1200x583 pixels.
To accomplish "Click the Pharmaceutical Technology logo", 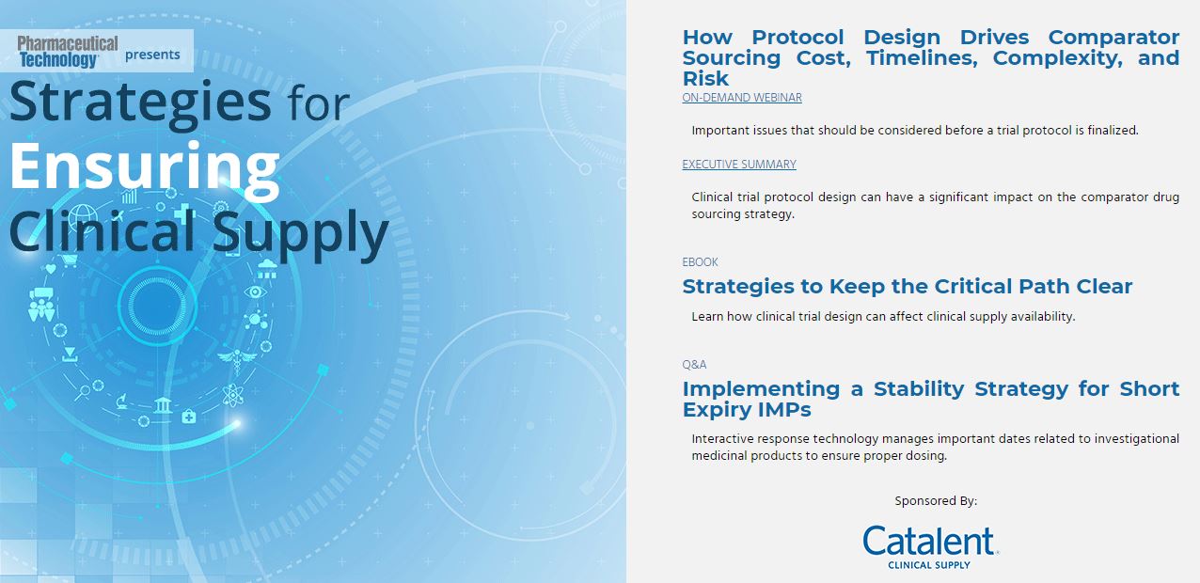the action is pos(68,52).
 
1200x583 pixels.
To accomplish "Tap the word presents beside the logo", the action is pos(152,55).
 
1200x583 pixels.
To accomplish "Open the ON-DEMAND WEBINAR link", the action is pos(742,98).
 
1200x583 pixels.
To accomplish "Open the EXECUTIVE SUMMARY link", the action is pos(739,164).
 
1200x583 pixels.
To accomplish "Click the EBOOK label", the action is pos(700,262).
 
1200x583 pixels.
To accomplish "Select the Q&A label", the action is pos(694,365).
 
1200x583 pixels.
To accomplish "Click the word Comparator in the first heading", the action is pos(1113,38).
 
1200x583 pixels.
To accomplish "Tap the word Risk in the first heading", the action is pos(705,79).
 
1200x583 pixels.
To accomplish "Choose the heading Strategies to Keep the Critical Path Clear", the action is pos(907,286).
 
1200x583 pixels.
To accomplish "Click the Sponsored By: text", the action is pos(936,500).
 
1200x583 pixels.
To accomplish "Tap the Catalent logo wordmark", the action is pos(930,541).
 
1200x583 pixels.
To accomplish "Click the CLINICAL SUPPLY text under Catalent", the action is pos(929,565).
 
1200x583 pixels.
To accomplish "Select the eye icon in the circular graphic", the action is pos(256,292).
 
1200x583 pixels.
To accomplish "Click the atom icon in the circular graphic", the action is pos(232,396).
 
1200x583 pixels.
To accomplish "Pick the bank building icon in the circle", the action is pos(163,405).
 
